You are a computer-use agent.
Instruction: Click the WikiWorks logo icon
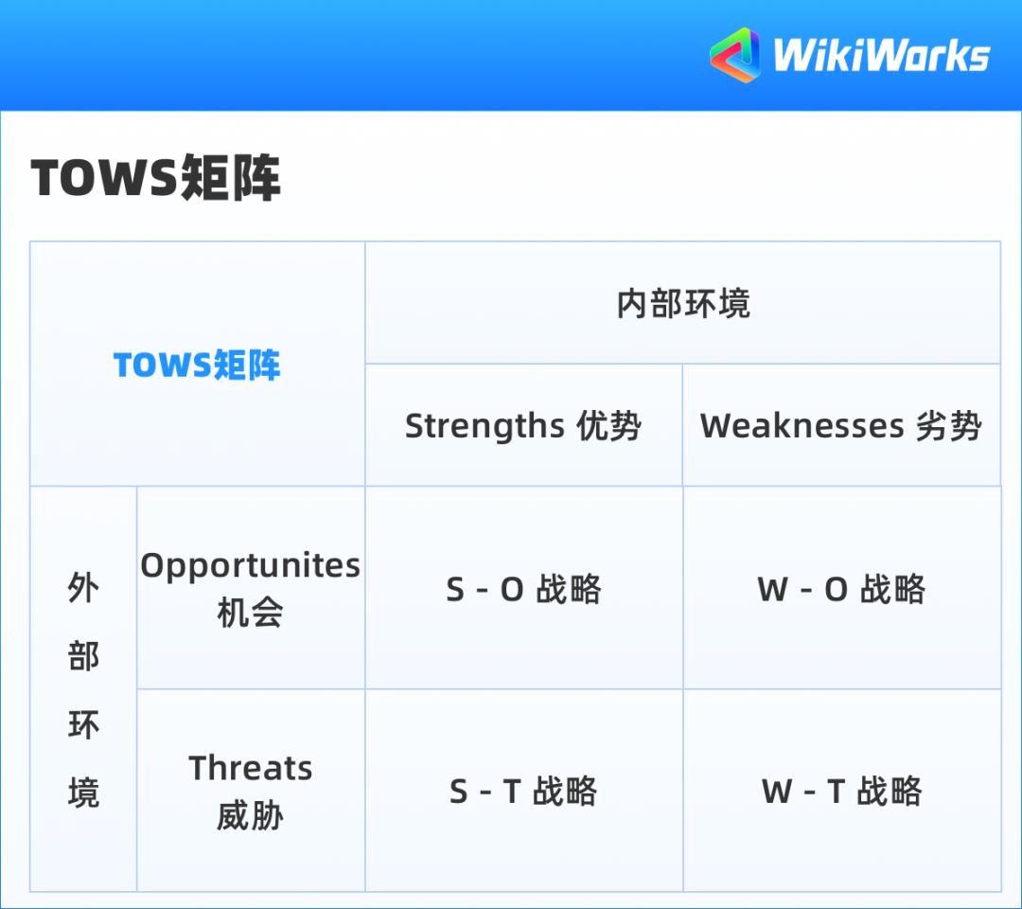735,55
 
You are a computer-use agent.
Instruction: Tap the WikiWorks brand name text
881,55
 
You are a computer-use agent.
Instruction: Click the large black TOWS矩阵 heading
156,178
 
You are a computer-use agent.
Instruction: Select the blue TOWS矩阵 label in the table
197,365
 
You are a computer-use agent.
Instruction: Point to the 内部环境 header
682,304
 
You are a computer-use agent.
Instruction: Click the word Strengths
485,427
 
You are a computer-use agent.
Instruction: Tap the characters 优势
609,426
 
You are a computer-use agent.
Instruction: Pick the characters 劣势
949,426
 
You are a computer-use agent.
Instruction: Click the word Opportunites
251,565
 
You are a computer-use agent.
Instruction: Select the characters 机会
250,613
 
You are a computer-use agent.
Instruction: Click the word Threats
251,768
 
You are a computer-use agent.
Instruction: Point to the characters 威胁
250,815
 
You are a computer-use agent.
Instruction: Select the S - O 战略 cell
523,590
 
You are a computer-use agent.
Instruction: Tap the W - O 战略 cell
841,590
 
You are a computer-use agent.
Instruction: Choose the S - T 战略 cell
523,792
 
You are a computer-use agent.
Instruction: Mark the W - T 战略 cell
841,792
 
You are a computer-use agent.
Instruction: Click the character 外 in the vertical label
83,588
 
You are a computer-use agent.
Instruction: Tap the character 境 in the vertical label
83,793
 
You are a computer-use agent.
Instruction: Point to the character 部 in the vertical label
83,656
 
